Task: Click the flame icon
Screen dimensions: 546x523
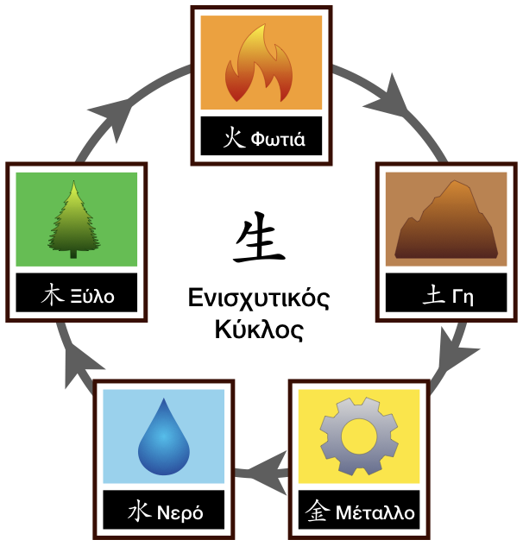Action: click(x=261, y=63)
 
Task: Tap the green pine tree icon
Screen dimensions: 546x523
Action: click(x=76, y=220)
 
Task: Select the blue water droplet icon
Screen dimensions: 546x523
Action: click(x=164, y=437)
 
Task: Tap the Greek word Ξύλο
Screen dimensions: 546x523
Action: click(x=91, y=298)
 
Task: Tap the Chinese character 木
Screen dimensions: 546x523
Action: click(x=54, y=298)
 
